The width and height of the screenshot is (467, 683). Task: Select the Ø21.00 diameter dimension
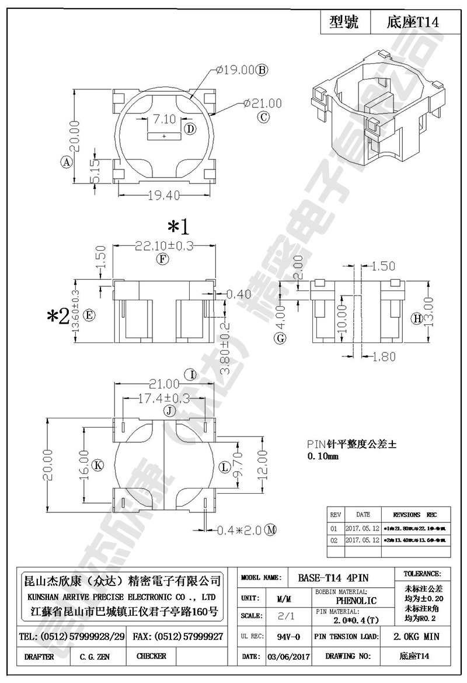263,103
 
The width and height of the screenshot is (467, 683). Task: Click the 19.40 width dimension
163,196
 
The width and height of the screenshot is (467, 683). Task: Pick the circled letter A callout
66,162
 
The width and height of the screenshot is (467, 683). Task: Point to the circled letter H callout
417,318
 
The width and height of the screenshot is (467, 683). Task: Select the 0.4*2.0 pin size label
239,530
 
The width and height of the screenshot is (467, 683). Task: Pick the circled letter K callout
98,466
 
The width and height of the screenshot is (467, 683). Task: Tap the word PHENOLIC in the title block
357,600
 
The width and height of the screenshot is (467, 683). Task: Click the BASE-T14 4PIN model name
333,577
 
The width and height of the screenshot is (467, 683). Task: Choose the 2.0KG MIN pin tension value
417,637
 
